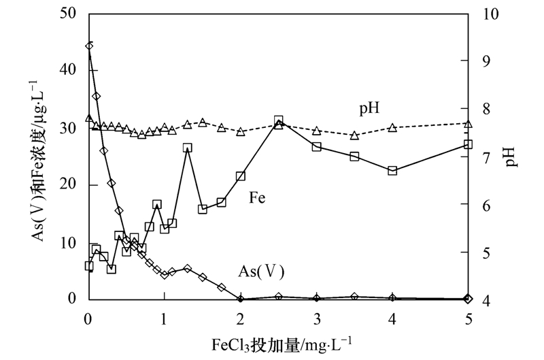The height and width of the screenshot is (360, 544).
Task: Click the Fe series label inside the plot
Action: click(257, 198)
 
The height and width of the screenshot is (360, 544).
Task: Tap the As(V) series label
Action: click(260, 271)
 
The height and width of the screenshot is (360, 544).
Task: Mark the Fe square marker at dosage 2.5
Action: click(278, 120)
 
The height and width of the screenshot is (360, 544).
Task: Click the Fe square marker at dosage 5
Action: click(468, 144)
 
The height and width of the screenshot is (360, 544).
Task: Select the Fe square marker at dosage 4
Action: click(392, 171)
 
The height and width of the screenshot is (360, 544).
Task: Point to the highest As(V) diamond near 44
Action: click(89, 46)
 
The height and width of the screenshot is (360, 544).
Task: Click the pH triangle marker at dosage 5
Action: click(468, 123)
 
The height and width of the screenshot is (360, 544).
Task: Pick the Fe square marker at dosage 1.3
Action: click(187, 148)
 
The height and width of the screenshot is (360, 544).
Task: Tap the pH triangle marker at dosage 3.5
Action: click(354, 135)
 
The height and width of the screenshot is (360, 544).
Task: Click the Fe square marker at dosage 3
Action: click(316, 146)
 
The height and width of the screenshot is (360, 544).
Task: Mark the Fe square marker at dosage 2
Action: click(240, 176)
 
